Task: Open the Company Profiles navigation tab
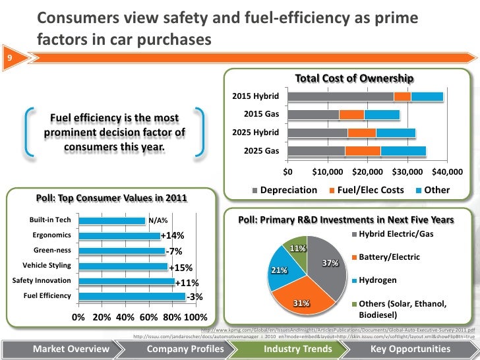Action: click(181, 348)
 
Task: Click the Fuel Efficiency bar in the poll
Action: click(131, 296)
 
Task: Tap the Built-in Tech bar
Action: click(111, 220)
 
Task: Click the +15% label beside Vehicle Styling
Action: click(180, 268)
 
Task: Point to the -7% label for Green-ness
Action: click(174, 251)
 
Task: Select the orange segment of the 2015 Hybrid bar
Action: click(402, 97)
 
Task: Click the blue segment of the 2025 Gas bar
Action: click(403, 151)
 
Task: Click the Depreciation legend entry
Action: click(285, 190)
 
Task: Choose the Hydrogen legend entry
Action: click(373, 280)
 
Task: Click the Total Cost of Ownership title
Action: click(354, 79)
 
